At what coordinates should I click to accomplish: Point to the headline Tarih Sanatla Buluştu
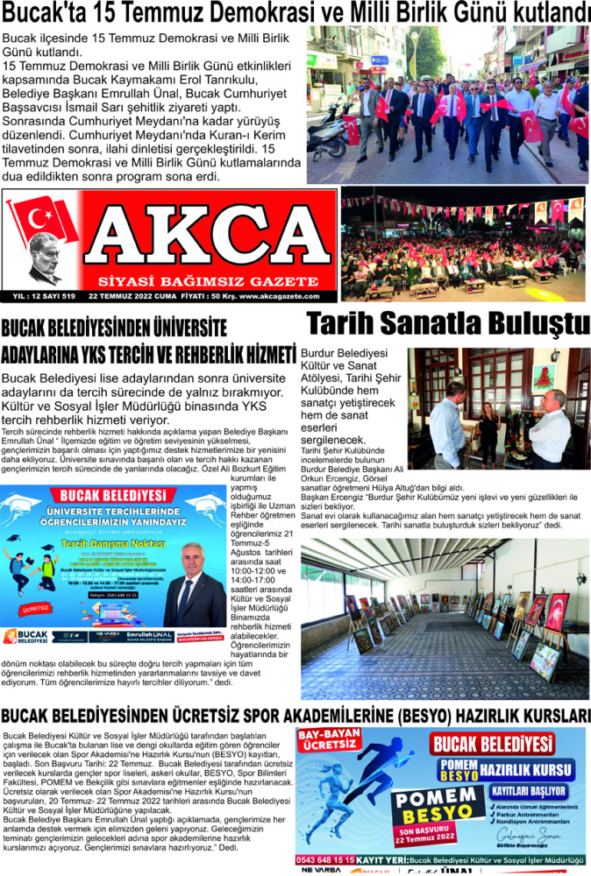[x=448, y=324]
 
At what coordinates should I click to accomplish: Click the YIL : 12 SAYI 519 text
[x=45, y=296]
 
